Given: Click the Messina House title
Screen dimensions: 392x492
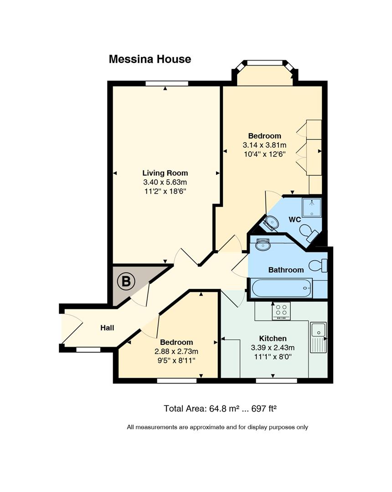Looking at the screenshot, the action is pyautogui.click(x=150, y=59).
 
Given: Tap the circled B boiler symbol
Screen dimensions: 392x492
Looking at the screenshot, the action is pyautogui.click(x=126, y=281).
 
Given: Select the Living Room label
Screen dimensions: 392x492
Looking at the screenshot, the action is pyautogui.click(x=165, y=173).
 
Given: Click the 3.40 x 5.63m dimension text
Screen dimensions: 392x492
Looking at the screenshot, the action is pyautogui.click(x=165, y=182).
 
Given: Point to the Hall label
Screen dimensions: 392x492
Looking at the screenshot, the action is pyautogui.click(x=107, y=328).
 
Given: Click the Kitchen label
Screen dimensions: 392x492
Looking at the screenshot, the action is pyautogui.click(x=273, y=338).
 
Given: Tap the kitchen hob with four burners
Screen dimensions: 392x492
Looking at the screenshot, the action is pyautogui.click(x=281, y=311).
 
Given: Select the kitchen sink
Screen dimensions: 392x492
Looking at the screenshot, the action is pyautogui.click(x=318, y=337).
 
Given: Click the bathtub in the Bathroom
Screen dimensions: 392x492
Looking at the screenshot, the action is pyautogui.click(x=282, y=288).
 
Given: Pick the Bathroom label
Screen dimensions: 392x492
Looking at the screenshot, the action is pyautogui.click(x=286, y=270).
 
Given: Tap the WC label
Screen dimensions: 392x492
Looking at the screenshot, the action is pyautogui.click(x=295, y=220).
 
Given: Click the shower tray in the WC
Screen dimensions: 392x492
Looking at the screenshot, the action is pyautogui.click(x=312, y=207).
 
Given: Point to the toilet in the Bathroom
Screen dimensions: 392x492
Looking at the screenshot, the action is pyautogui.click(x=318, y=266).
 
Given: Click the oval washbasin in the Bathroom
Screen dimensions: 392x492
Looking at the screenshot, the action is pyautogui.click(x=263, y=245).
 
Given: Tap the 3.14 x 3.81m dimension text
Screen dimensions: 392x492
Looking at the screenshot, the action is pyautogui.click(x=264, y=145).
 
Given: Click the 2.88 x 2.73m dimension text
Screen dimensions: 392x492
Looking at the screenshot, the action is pyautogui.click(x=176, y=351).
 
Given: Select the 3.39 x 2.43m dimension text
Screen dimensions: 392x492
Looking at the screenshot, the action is pyautogui.click(x=273, y=348).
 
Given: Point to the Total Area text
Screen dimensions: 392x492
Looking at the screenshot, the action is pyautogui.click(x=220, y=409).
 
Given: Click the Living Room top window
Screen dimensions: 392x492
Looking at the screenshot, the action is pyautogui.click(x=167, y=83).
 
